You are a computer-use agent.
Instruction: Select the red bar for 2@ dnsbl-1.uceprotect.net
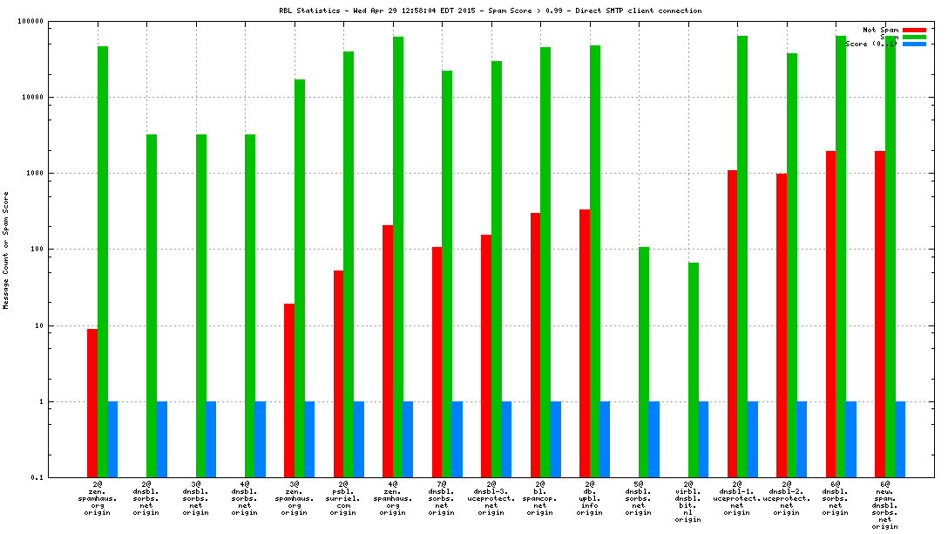(x=732, y=324)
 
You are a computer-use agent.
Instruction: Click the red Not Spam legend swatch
(x=914, y=30)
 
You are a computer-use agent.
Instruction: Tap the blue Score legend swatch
(x=914, y=44)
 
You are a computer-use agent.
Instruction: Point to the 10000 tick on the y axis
(x=33, y=98)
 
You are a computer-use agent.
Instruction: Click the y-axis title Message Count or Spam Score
(x=6, y=251)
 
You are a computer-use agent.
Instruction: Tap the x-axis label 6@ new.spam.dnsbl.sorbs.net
(x=885, y=504)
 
